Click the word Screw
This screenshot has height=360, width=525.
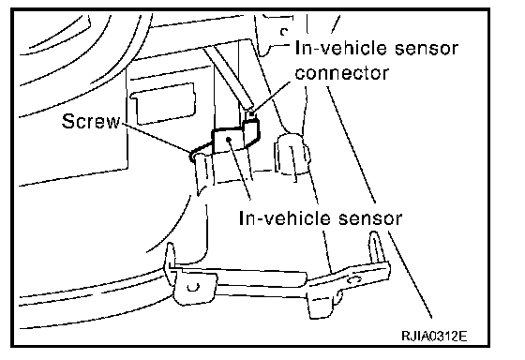pyautogui.click(x=91, y=121)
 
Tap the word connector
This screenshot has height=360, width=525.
pyautogui.click(x=342, y=73)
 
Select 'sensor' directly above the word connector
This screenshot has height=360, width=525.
pyautogui.click(x=426, y=48)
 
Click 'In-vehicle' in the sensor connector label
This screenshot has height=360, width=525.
pyautogui.click(x=342, y=48)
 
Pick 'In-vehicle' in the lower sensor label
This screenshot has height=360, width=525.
pyautogui.click(x=286, y=218)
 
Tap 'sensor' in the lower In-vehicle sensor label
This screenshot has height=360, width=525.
pyautogui.click(x=369, y=218)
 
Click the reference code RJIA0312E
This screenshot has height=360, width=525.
pyautogui.click(x=434, y=336)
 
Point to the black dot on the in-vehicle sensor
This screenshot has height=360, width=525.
pyautogui.click(x=228, y=139)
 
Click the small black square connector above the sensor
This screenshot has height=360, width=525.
pyautogui.click(x=251, y=115)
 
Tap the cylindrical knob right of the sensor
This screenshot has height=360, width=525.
pyautogui.click(x=292, y=155)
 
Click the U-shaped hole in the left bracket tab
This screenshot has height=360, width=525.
pyautogui.click(x=193, y=287)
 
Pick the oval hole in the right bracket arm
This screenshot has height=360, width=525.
pyautogui.click(x=355, y=279)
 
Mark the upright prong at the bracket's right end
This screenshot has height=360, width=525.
pyautogui.click(x=376, y=247)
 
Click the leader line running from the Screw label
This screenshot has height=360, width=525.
pyautogui.click(x=155, y=139)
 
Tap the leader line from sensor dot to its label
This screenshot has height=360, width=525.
pyautogui.click(x=239, y=170)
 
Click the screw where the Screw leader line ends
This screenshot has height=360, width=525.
pyautogui.click(x=193, y=156)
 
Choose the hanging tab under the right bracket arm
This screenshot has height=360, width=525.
pyautogui.click(x=324, y=303)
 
